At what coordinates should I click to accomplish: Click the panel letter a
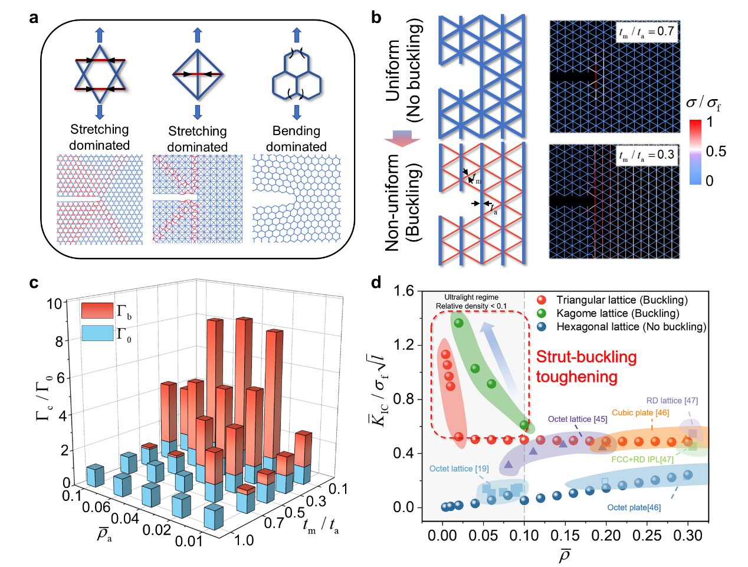coord(34,18)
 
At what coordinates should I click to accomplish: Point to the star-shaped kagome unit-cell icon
coord(100,74)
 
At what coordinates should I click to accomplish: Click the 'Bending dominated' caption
coord(296,139)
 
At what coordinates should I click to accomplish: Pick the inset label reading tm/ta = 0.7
coord(647,32)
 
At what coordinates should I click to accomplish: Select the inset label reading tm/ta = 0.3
coord(647,155)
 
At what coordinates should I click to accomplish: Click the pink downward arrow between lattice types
coord(402,138)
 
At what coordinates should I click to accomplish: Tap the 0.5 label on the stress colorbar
coord(716,152)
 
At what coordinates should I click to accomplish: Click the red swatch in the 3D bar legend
coord(97,311)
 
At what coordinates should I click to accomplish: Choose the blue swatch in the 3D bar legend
coord(97,333)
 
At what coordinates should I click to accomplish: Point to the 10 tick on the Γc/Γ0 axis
coord(54,304)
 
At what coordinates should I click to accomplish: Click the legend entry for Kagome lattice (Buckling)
coord(617,313)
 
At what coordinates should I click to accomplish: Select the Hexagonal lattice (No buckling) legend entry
coord(631,327)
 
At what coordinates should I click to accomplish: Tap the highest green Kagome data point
coord(458,323)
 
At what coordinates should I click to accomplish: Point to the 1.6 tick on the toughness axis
coord(404,291)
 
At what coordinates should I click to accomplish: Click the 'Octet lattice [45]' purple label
coord(577,419)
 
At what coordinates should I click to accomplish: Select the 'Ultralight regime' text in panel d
coord(471,297)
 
